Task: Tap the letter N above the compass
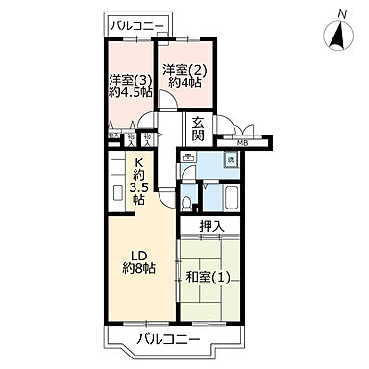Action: tap(341, 12)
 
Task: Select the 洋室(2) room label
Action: tap(183, 69)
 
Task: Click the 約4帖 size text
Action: tap(183, 84)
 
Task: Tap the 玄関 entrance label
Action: tap(198, 130)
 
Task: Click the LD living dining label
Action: tap(138, 255)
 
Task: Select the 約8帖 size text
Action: tap(139, 269)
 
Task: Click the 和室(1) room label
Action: tap(209, 278)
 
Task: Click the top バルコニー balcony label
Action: tap(136, 24)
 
